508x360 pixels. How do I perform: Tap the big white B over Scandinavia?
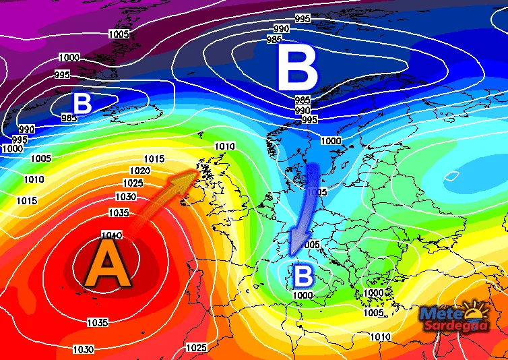(x=297, y=70)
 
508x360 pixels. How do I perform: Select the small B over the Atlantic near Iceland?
(x=82, y=104)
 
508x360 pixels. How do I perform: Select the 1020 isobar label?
(x=139, y=171)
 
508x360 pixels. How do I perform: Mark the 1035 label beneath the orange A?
(x=98, y=322)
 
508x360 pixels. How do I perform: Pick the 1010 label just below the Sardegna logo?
(x=380, y=336)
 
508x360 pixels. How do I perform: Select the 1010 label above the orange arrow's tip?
(x=224, y=146)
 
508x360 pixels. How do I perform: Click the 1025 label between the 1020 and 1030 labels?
(x=133, y=183)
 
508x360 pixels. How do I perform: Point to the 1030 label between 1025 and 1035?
(x=125, y=197)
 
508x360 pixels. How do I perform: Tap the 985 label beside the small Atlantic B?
(x=69, y=118)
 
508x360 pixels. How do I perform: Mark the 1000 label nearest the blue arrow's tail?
(x=331, y=140)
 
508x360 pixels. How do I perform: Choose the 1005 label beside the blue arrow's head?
(x=311, y=243)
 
